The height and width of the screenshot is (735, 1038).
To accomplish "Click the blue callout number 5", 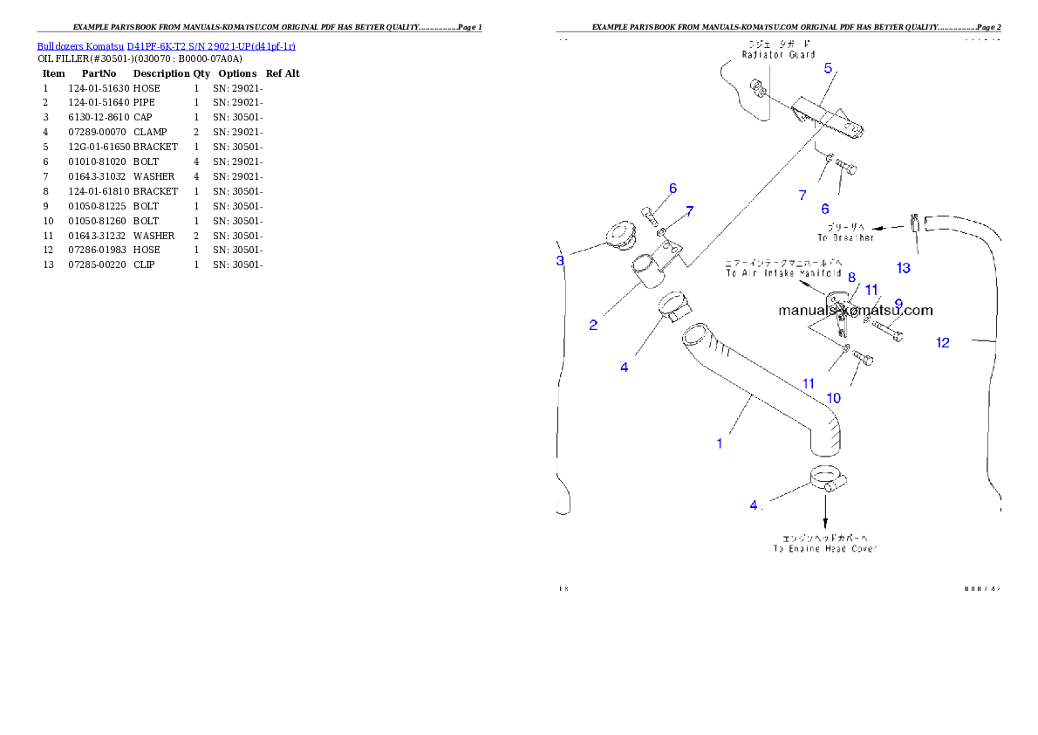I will (x=828, y=68).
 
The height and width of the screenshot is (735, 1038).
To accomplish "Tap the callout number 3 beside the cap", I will (x=561, y=260).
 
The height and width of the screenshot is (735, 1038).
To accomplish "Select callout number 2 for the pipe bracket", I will (x=593, y=325).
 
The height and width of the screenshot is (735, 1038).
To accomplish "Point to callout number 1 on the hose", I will (x=720, y=443).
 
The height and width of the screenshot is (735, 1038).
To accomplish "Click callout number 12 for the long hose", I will (x=943, y=343).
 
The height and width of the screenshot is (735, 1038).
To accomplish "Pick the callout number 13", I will (x=904, y=268).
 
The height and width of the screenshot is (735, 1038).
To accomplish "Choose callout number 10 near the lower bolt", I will (x=834, y=398).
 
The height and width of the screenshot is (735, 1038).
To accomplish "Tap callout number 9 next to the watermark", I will (x=898, y=304).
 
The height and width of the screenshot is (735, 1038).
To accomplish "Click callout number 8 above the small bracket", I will (x=851, y=278).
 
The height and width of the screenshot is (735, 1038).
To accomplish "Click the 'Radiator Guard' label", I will (x=778, y=54).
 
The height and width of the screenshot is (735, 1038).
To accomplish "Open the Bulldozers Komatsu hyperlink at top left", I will (x=166, y=46).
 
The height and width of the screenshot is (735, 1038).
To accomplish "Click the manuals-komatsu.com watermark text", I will (x=855, y=311).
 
